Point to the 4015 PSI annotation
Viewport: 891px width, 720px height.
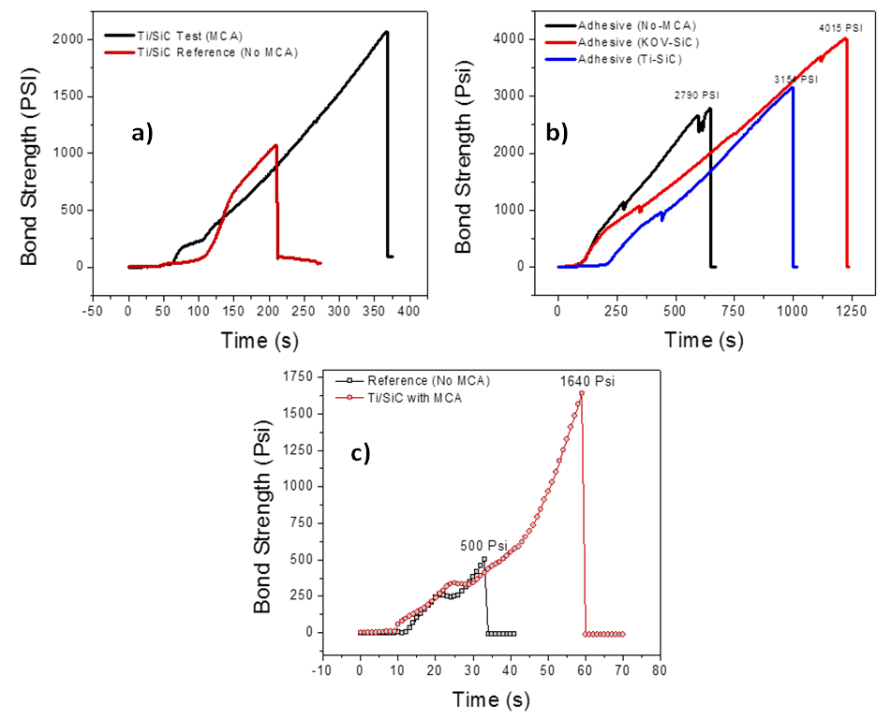coord(840,28)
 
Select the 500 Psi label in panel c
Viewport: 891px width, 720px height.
coord(483,546)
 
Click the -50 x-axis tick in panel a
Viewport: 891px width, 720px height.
coord(93,309)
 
